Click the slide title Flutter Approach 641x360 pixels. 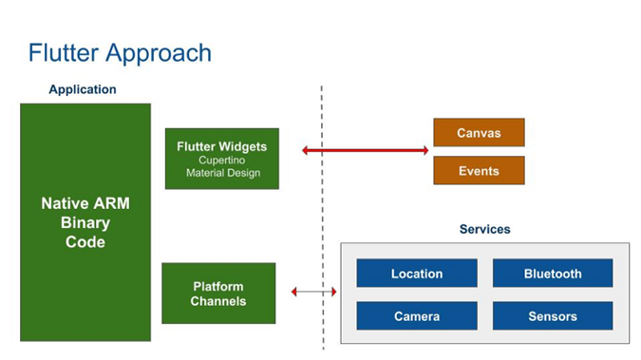click(x=120, y=52)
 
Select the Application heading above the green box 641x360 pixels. click(x=83, y=89)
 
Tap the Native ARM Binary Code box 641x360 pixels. click(x=85, y=222)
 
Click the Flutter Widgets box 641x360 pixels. click(x=221, y=158)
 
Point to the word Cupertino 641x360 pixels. click(x=222, y=161)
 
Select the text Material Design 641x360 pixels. click(x=222, y=173)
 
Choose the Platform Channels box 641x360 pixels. click(x=218, y=294)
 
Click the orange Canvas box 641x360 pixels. click(x=479, y=133)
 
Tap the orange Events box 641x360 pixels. click(x=479, y=171)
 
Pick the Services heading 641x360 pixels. click(x=484, y=229)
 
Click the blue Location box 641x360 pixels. click(x=416, y=274)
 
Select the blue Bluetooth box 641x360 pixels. click(x=552, y=274)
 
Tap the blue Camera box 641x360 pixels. click(x=416, y=316)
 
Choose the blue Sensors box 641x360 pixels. click(x=552, y=316)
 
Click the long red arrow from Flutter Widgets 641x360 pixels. click(x=366, y=150)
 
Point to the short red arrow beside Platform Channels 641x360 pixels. click(x=314, y=292)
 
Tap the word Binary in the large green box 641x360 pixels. click(x=85, y=223)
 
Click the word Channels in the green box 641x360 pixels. click(x=218, y=301)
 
